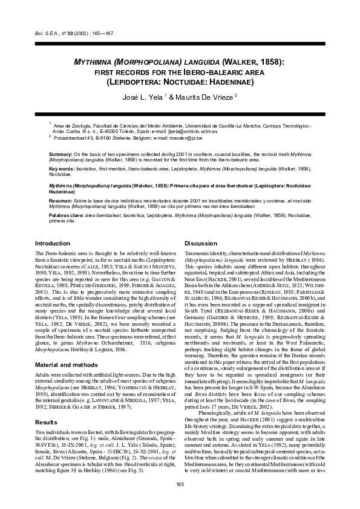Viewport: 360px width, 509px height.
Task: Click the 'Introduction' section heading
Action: (53, 242)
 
